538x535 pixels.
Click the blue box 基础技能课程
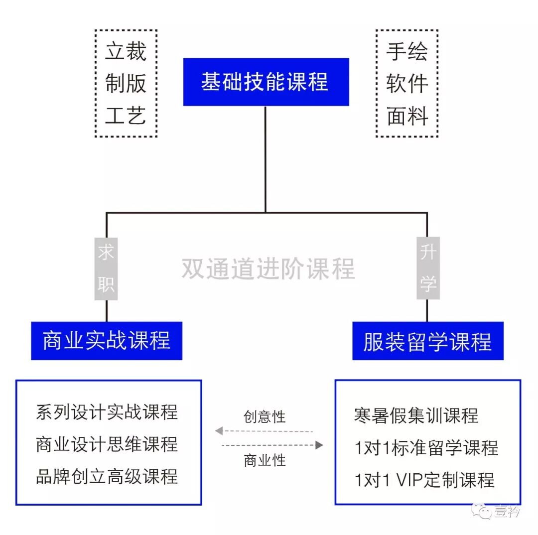[x=266, y=82]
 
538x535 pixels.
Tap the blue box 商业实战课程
[x=107, y=341]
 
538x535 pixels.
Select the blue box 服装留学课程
[x=427, y=341]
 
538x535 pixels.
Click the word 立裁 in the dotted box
[x=126, y=52]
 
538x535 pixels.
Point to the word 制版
[x=126, y=84]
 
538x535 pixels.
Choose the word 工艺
[x=126, y=116]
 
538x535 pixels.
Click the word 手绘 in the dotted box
[x=407, y=52]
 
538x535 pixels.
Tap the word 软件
[x=407, y=84]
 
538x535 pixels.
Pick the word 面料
[x=407, y=116]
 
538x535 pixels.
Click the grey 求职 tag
[x=106, y=268]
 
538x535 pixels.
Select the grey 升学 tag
[x=427, y=268]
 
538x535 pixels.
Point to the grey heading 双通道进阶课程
[x=268, y=268]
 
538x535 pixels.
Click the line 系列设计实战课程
[x=107, y=412]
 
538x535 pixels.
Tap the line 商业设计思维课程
[x=107, y=444]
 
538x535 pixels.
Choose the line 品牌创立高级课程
[x=107, y=476]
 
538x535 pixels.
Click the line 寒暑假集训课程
[x=416, y=415]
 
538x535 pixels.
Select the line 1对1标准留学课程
[x=426, y=447]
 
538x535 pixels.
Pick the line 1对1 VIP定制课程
[x=424, y=480]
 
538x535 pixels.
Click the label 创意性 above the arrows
[x=265, y=416]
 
